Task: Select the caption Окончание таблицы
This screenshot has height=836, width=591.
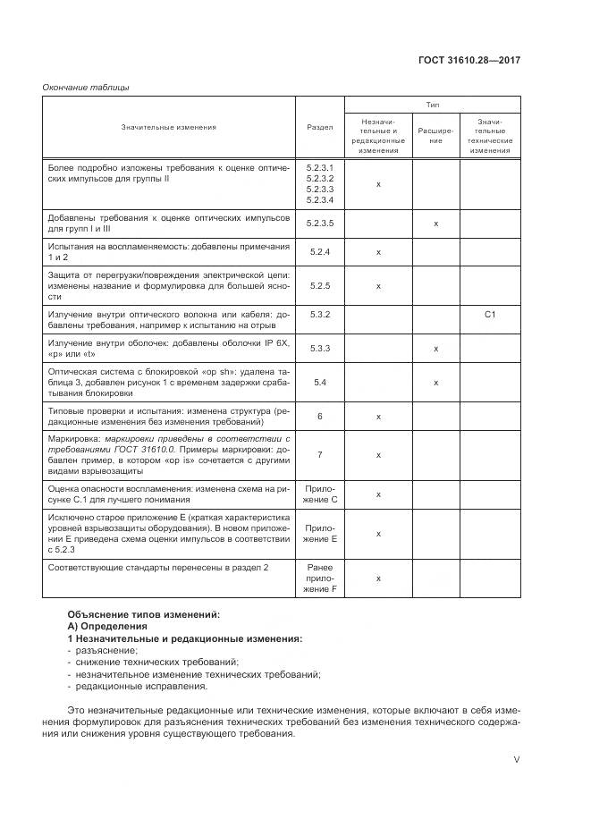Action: tap(86, 87)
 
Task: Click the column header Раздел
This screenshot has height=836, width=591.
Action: tap(319, 127)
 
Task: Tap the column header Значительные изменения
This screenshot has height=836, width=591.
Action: tap(169, 127)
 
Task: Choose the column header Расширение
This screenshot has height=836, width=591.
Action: tap(435, 135)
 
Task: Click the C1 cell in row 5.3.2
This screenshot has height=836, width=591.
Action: tap(490, 315)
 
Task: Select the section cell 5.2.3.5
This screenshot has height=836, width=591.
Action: tap(319, 223)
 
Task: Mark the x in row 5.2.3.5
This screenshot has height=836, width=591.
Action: tap(435, 223)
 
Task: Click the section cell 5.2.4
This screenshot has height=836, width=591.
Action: tap(319, 252)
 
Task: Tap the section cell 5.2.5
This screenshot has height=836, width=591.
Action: tap(319, 286)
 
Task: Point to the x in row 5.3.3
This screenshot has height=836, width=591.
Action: tap(435, 349)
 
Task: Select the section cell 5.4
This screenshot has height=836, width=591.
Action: tap(319, 382)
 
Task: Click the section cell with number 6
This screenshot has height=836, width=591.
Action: tap(319, 417)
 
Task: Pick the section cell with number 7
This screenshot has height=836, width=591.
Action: tap(319, 455)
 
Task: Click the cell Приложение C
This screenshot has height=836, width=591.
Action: tap(319, 494)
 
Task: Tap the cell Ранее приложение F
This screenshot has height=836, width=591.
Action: tap(319, 578)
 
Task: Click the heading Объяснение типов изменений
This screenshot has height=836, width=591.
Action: tap(143, 614)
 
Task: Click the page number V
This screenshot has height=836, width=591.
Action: tap(516, 759)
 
